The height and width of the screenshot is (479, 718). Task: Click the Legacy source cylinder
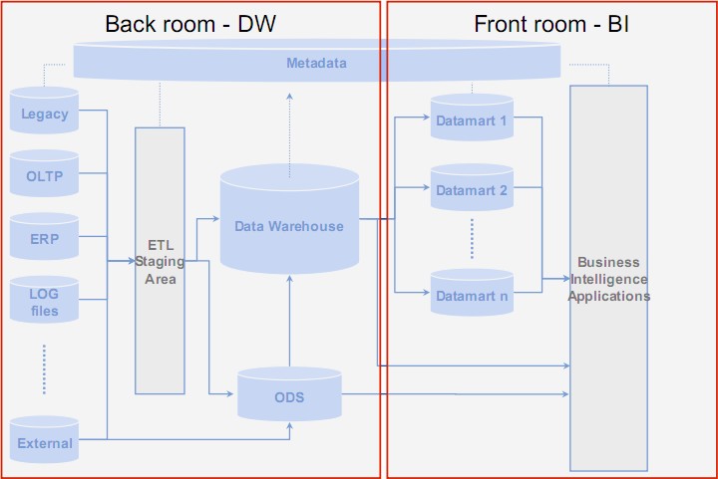coord(45,113)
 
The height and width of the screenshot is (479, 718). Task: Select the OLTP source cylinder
coord(45,176)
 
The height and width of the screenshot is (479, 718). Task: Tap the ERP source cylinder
coord(45,239)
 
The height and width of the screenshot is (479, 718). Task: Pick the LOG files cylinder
coord(45,302)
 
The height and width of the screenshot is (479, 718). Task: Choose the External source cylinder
coord(45,441)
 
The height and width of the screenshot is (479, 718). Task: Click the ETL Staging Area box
coord(161,261)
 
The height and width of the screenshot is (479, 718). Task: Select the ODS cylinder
coord(289,397)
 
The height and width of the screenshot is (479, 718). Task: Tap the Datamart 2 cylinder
coord(472,189)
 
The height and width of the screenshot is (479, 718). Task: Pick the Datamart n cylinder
coord(472,294)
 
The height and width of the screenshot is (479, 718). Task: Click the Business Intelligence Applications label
coord(609,280)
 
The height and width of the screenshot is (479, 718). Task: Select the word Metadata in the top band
coord(316,64)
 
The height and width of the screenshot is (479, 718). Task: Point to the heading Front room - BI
coord(551,24)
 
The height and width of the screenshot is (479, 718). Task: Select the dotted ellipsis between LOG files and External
coord(45,368)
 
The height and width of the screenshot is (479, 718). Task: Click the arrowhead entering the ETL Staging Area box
coord(131,261)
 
